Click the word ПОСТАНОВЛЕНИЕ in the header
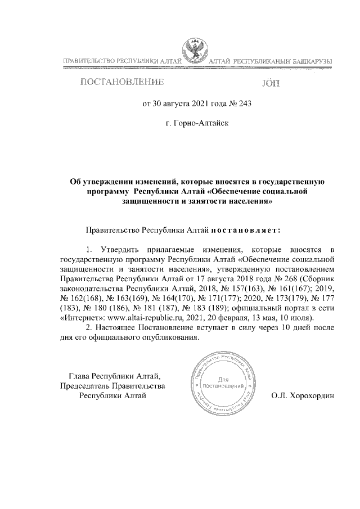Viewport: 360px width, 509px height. (x=123, y=83)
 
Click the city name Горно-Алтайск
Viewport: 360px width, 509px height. (x=194, y=121)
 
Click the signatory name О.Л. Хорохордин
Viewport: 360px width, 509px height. (x=302, y=395)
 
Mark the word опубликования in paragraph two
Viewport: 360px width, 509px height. (x=171, y=337)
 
